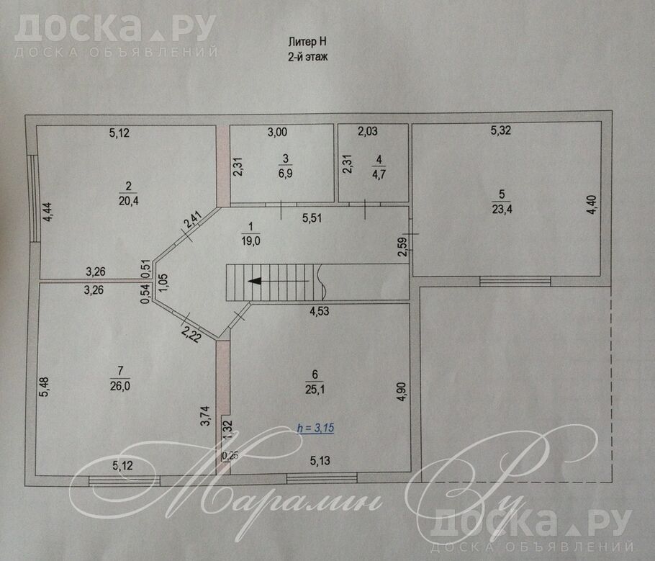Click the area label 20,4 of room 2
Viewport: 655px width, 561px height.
[129, 201]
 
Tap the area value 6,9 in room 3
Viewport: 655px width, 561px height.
[285, 173]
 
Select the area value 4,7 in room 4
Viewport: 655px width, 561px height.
[379, 174]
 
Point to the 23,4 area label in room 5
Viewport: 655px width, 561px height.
[502, 209]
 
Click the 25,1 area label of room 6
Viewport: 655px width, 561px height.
[315, 389]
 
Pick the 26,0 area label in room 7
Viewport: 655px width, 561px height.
[120, 386]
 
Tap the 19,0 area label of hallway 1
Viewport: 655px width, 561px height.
[250, 241]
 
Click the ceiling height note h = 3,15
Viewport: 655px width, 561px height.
[315, 428]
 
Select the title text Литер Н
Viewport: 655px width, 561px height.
[307, 42]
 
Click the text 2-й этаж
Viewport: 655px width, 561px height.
[308, 56]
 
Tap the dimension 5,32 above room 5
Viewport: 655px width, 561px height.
[500, 130]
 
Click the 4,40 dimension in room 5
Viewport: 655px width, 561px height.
[592, 205]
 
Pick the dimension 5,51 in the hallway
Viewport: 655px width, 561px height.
[312, 217]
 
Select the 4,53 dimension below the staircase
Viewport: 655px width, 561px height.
[319, 311]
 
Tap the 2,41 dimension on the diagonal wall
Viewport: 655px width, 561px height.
[194, 220]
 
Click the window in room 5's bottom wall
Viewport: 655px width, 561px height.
[515, 281]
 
